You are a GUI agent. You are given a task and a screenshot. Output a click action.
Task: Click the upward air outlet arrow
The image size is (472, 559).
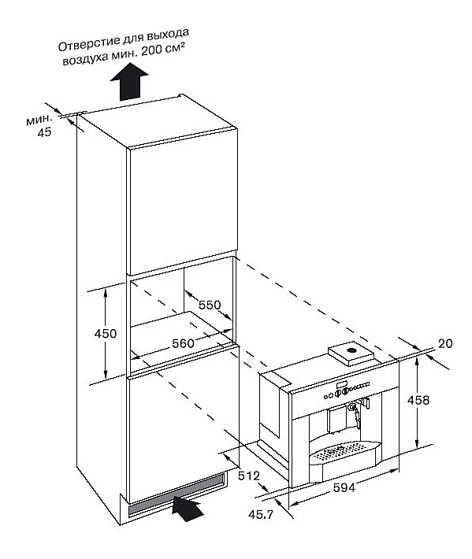128,82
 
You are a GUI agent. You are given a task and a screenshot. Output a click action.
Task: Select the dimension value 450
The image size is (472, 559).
106,334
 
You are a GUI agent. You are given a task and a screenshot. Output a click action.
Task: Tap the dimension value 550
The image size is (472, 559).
210,305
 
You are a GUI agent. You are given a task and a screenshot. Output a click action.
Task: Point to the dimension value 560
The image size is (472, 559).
183,343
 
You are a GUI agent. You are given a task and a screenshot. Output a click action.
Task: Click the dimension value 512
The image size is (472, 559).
249,476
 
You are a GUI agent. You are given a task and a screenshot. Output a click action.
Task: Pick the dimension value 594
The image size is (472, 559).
344,487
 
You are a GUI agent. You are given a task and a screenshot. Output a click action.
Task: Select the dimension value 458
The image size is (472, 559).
418,400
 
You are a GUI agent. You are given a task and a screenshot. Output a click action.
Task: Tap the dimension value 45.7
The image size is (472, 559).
261,515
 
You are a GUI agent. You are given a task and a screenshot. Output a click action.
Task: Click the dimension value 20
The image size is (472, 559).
445,343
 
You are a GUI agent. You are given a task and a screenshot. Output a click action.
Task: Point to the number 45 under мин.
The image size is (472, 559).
45,132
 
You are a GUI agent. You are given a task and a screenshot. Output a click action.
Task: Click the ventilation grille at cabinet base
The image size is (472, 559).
177,495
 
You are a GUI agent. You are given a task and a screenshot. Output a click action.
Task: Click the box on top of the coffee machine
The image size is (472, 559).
351,354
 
